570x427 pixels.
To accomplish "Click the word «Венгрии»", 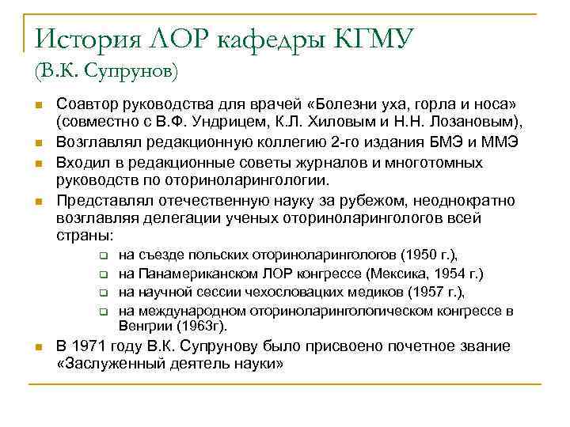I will (x=145, y=325).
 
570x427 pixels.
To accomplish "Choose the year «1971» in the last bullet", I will (x=88, y=346).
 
